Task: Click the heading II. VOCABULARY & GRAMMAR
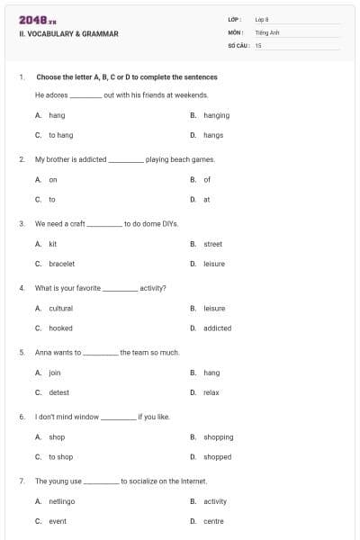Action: (68, 34)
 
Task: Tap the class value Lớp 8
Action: (262, 18)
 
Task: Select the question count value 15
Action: (258, 44)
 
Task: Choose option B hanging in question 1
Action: (216, 115)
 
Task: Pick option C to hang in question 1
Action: (60, 135)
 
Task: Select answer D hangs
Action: (213, 135)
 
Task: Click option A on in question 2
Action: (52, 180)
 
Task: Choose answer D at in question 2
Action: (207, 199)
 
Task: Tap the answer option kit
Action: (53, 244)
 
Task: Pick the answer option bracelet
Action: (61, 264)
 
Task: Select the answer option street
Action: (212, 244)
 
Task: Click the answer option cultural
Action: (60, 309)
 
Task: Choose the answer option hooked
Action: (60, 328)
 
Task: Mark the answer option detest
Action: (58, 392)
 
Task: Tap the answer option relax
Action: (211, 392)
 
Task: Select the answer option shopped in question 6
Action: (217, 456)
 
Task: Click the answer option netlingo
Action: (61, 501)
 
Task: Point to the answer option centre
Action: (213, 521)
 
